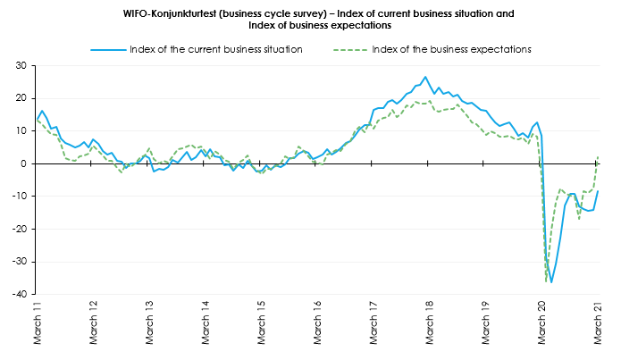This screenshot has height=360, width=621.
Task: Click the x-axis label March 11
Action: click(38, 323)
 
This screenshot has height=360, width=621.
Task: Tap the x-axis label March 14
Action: click(206, 323)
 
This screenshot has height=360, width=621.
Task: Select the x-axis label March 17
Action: click(373, 323)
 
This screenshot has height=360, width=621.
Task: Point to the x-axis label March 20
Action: click(541, 323)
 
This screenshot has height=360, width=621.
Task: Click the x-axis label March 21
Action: click(598, 323)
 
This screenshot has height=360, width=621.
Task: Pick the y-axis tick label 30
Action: click(21, 66)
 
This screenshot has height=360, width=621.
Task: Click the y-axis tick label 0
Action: click(23, 163)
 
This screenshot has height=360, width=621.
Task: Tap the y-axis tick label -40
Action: click(20, 294)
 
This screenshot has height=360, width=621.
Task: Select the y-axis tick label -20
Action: click(20, 229)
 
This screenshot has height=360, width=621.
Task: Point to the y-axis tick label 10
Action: click(21, 131)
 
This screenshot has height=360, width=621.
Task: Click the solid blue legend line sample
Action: click(108, 50)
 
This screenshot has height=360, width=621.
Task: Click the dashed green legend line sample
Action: click(350, 50)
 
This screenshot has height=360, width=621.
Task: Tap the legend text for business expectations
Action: click(451, 49)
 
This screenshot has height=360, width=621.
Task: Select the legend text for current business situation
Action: click(216, 49)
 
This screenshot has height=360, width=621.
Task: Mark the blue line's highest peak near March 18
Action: click(425, 77)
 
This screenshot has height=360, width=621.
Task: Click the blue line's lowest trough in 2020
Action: click(551, 282)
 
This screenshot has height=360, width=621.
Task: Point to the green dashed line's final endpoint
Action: click(598, 157)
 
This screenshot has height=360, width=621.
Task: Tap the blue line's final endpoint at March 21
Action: click(598, 191)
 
